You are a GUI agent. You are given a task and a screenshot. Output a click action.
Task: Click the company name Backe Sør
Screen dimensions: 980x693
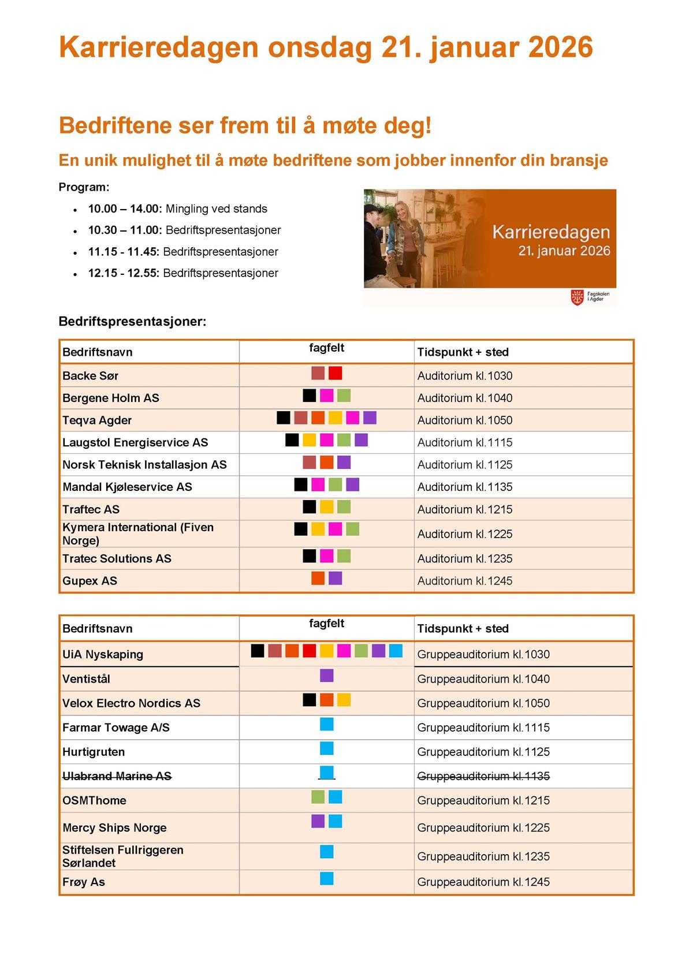pyautogui.click(x=91, y=376)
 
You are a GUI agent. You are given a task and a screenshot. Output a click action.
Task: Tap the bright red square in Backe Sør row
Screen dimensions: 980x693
pyautogui.click(x=336, y=373)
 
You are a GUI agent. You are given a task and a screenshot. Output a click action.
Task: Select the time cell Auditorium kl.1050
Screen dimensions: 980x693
pyautogui.click(x=465, y=420)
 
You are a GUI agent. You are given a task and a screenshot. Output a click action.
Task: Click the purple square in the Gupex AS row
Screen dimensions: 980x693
pyautogui.click(x=336, y=578)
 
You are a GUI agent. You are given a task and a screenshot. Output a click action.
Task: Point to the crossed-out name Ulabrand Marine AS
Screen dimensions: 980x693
pyautogui.click(x=117, y=776)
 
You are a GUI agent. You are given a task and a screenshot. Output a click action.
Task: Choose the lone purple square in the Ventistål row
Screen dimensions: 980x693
pyautogui.click(x=327, y=676)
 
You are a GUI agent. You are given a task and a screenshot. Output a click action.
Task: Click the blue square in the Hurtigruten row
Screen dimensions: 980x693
pyautogui.click(x=327, y=748)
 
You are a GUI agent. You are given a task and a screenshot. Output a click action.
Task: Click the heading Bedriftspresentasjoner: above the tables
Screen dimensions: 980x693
pyautogui.click(x=132, y=322)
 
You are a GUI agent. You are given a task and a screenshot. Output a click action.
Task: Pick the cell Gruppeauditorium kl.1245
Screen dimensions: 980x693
pyautogui.click(x=483, y=882)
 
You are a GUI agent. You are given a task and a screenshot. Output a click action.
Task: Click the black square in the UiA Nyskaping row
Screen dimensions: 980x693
pyautogui.click(x=258, y=651)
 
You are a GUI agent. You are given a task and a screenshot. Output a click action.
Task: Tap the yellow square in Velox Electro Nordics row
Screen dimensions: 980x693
pyautogui.click(x=344, y=700)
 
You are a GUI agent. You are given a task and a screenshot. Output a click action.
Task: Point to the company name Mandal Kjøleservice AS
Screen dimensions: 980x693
pyautogui.click(x=127, y=487)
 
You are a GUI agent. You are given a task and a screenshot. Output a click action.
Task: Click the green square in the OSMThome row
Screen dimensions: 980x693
pyautogui.click(x=318, y=797)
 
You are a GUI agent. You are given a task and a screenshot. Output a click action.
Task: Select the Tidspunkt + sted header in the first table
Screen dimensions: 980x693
pyautogui.click(x=463, y=352)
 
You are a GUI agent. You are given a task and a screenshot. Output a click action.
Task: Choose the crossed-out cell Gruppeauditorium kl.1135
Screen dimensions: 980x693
pyautogui.click(x=483, y=776)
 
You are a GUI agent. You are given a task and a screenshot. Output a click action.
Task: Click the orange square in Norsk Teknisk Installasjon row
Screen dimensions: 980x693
pyautogui.click(x=327, y=462)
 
